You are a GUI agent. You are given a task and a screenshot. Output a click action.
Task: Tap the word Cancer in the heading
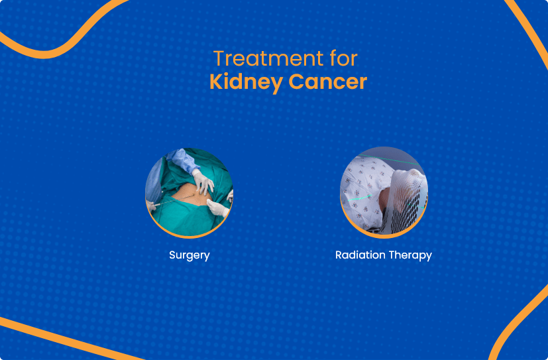(x=327, y=82)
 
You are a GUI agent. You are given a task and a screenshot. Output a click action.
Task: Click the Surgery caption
(x=189, y=255)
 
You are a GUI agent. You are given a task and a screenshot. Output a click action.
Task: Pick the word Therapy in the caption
(x=411, y=255)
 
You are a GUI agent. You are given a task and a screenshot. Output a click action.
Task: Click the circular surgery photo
(x=189, y=192)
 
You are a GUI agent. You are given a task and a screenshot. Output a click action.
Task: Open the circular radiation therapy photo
(x=384, y=192)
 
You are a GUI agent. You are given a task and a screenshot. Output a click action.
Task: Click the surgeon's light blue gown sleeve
(x=182, y=161)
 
